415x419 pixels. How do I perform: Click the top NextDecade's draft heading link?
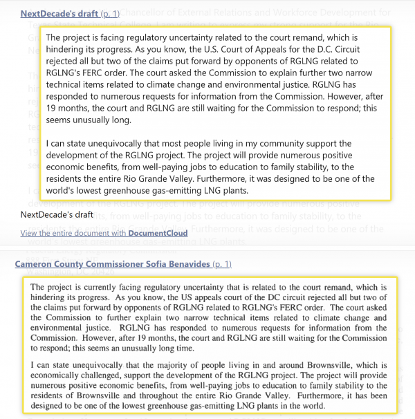pos(59,13)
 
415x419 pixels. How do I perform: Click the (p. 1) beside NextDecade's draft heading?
pos(110,13)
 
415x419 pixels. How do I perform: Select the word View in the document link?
pos(31,233)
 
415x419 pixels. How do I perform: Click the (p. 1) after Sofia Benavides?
pos(222,264)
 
